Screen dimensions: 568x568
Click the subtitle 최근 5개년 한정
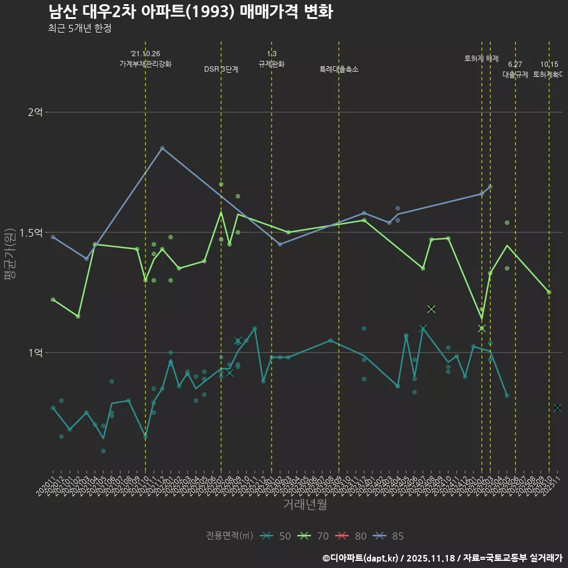[79, 28]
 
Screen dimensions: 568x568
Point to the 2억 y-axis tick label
[35, 112]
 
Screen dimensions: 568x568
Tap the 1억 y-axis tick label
[35, 353]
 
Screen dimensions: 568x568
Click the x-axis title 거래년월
[305, 505]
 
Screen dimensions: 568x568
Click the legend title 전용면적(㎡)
[230, 536]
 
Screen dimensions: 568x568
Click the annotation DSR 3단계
[221, 69]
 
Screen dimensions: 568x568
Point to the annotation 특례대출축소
[339, 69]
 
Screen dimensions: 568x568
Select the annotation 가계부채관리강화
[146, 64]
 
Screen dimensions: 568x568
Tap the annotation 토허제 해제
[482, 59]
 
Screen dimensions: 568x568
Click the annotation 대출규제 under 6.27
[515, 75]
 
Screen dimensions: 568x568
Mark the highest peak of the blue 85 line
[162, 148]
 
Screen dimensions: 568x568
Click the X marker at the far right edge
[557, 408]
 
